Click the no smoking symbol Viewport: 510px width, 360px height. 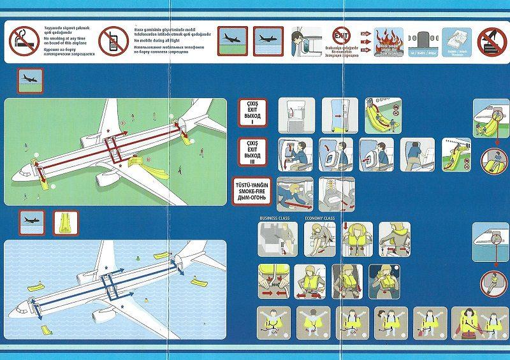pos(22,40)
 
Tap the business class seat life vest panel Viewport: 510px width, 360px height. pos(273,239)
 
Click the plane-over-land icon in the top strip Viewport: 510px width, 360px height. pos(232,40)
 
